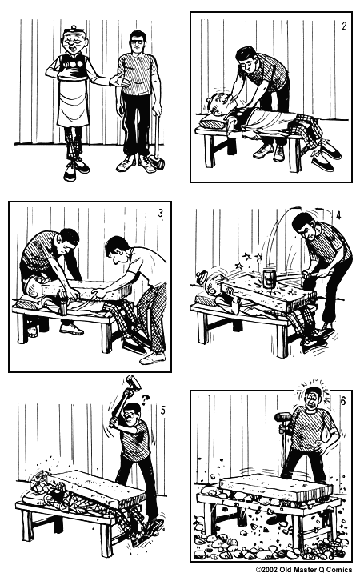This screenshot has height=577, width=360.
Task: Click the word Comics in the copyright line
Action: click(x=340, y=570)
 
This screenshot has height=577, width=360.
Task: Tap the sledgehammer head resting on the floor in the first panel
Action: click(x=158, y=164)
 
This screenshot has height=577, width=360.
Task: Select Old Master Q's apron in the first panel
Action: click(x=73, y=96)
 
